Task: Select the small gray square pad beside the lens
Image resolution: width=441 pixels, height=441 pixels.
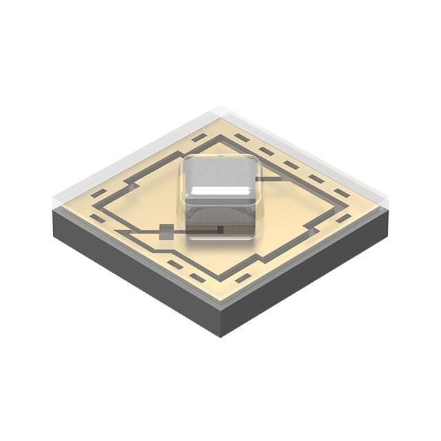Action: tap(167, 232)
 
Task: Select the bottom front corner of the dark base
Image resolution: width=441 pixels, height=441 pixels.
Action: tap(220, 336)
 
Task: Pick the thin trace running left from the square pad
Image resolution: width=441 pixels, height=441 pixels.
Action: tap(138, 232)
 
